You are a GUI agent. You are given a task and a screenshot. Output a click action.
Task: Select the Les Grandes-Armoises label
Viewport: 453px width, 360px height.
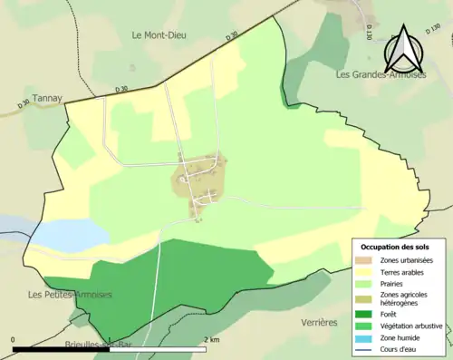tap(381, 74)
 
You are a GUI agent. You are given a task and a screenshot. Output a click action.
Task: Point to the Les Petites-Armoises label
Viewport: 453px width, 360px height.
tap(70, 294)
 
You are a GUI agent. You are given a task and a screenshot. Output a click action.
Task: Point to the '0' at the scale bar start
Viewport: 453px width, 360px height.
tap(14, 339)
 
